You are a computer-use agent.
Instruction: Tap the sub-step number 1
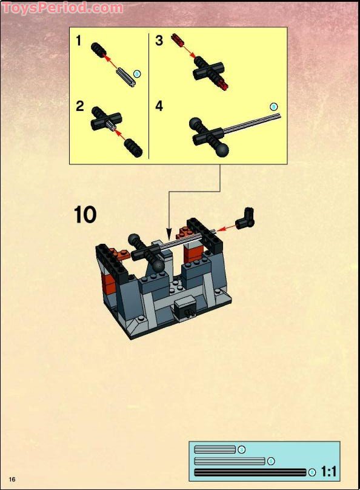point(79,41)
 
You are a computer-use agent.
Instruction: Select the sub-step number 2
point(79,107)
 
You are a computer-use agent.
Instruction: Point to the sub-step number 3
point(159,41)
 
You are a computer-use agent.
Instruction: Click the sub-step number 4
point(159,107)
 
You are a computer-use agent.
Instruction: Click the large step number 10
point(85,215)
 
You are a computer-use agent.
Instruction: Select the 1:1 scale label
point(330,471)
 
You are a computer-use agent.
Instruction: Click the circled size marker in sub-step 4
point(273,106)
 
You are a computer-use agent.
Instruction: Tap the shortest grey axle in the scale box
point(215,449)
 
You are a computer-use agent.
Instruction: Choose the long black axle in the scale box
point(250,472)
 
